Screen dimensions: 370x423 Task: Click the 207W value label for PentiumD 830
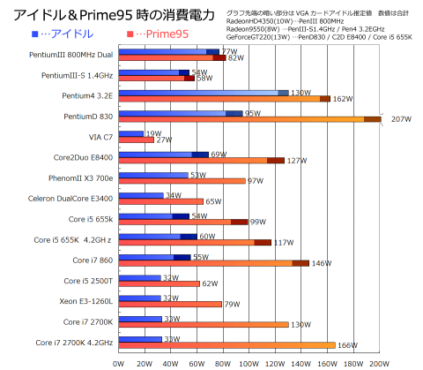point(401,119)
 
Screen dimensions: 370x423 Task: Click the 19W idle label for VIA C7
point(153,133)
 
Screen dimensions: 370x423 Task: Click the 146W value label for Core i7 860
point(322,263)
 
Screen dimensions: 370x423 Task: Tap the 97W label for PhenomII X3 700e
point(256,181)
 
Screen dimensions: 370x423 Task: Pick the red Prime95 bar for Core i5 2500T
point(159,283)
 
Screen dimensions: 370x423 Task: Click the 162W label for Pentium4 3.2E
point(343,99)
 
